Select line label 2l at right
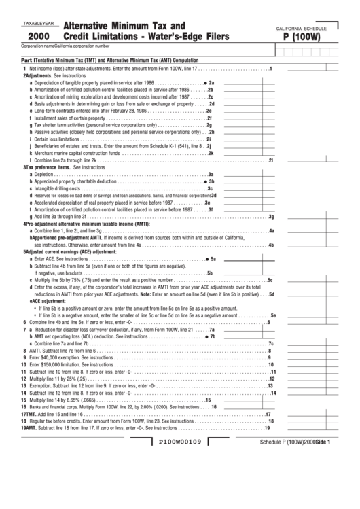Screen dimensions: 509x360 [x=271, y=160]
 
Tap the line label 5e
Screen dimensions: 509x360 [x=273, y=315]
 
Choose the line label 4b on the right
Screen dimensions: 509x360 [x=271, y=245]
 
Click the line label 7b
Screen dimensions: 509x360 [x=212, y=336]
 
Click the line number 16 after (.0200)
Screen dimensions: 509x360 [x=213, y=407]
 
